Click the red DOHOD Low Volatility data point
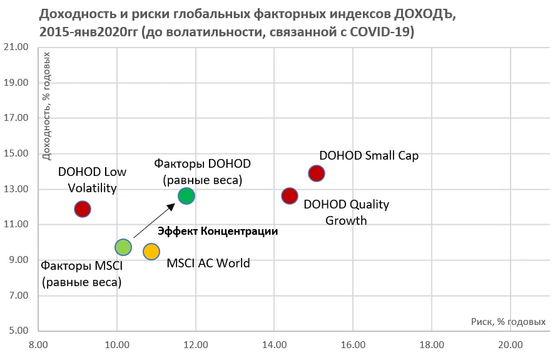point(83,208)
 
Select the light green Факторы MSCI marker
point(123,247)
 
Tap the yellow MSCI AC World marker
point(151,251)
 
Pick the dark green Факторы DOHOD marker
point(186,195)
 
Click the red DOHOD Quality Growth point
point(290,196)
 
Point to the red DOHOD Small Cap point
point(317,173)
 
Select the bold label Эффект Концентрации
point(217,231)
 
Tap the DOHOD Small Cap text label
point(369,155)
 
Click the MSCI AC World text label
point(208,263)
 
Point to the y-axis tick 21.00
point(17,48)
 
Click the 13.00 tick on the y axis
point(17,189)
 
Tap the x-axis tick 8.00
point(39,345)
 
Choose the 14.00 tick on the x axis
point(275,345)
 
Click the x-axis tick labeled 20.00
point(511,345)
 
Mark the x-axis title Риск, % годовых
point(509,322)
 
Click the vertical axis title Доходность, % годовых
point(46,106)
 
